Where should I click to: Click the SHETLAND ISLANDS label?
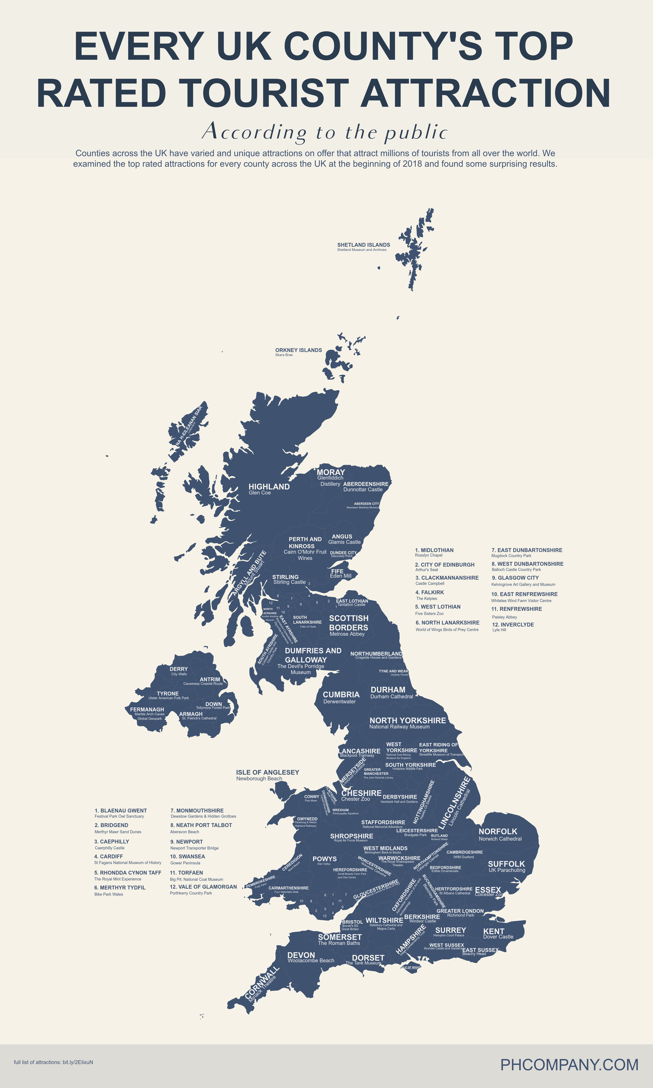coord(364,245)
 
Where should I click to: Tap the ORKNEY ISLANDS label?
coord(298,350)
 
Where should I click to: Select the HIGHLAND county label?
coord(269,486)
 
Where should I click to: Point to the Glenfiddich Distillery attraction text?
coord(330,481)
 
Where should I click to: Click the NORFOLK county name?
coord(498,831)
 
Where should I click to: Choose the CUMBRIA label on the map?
coord(341,694)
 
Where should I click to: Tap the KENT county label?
coord(494,931)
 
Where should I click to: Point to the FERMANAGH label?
coord(147,709)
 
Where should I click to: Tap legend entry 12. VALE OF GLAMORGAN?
coord(203,887)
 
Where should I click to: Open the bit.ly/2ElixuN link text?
coord(78,1062)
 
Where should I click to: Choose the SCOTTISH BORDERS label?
coord(348,623)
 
